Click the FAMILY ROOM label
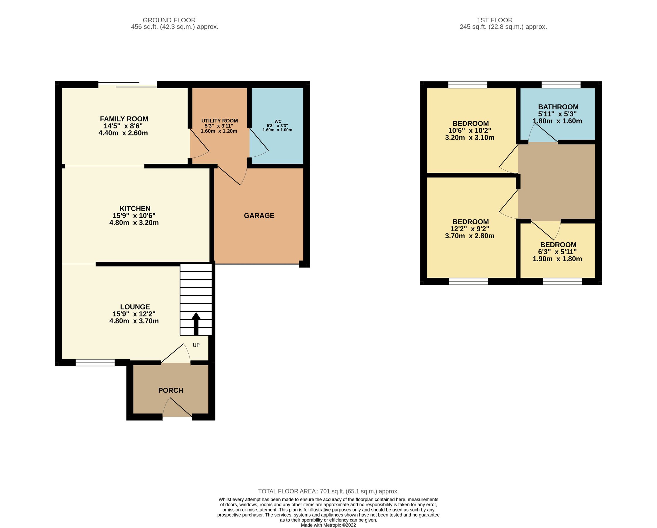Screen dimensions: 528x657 124,119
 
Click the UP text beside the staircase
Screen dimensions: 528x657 196,345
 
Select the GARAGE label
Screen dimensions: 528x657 259,216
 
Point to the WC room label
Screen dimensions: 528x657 278,121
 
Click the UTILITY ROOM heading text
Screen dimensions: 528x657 219,121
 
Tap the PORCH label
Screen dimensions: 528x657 171,390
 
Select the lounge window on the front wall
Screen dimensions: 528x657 95,363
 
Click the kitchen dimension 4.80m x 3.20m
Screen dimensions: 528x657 134,222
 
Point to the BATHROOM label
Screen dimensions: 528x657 558,107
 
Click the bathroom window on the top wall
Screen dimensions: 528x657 561,85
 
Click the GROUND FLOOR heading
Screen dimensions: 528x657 169,20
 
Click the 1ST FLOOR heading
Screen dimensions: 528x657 494,20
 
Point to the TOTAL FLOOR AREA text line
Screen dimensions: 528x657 328,491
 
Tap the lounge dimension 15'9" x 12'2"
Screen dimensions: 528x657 134,314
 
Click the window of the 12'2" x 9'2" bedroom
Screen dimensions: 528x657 468,281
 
